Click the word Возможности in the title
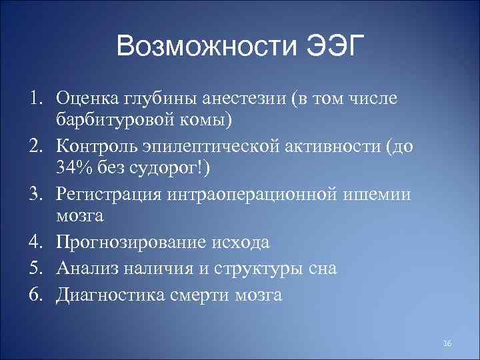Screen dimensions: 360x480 [x=206, y=47]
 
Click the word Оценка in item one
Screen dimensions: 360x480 [x=89, y=99]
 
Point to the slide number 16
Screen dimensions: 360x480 [x=447, y=343]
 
